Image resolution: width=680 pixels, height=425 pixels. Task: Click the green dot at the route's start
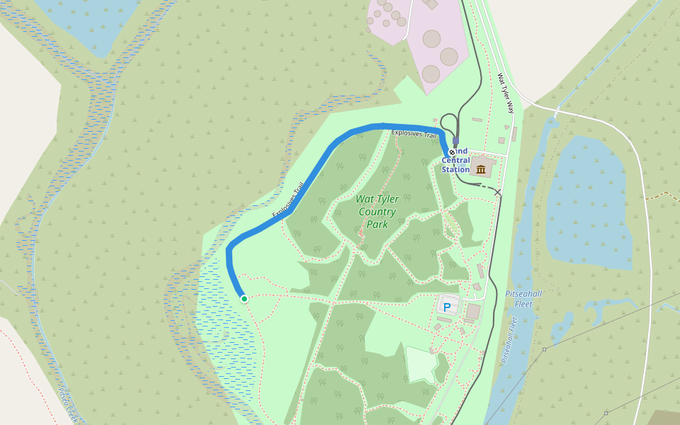pyautogui.click(x=244, y=299)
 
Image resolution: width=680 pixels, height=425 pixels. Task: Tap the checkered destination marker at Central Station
pyautogui.click(x=452, y=152)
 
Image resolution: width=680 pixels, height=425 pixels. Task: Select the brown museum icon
pyautogui.click(x=482, y=169)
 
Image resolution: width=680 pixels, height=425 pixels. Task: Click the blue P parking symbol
pyautogui.click(x=447, y=307)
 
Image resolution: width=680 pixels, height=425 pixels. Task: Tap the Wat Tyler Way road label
pyautogui.click(x=505, y=93)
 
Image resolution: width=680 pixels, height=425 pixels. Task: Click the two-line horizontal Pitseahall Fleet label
pyautogui.click(x=524, y=298)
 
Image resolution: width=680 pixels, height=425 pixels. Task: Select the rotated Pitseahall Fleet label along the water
pyautogui.click(x=509, y=340)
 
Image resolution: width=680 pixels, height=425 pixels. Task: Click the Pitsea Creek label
pyautogui.click(x=68, y=404)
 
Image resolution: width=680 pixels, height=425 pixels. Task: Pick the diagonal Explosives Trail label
pyautogui.click(x=288, y=200)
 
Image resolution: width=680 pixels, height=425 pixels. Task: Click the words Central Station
pyautogui.click(x=455, y=165)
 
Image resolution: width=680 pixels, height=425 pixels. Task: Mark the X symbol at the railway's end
pyautogui.click(x=498, y=192)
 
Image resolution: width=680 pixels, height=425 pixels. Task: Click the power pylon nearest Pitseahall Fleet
pyautogui.click(x=544, y=349)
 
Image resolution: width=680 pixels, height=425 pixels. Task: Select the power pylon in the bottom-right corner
pyautogui.click(x=606, y=413)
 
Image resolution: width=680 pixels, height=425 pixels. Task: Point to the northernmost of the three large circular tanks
pyautogui.click(x=431, y=38)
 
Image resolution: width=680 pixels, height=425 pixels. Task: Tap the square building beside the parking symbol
pyautogui.click(x=472, y=311)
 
